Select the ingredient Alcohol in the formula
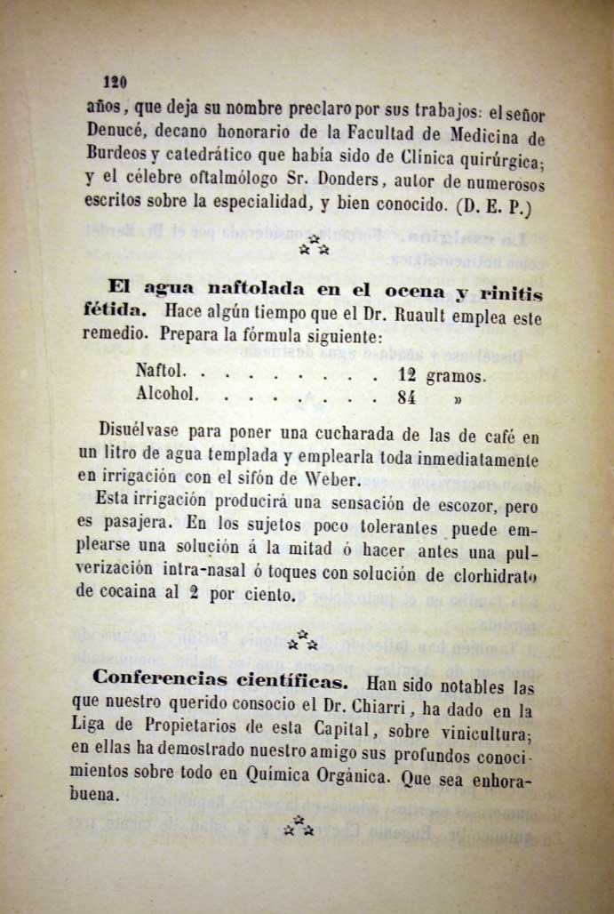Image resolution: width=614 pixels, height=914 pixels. [x=167, y=392]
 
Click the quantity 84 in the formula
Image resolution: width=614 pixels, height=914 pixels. [x=407, y=399]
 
